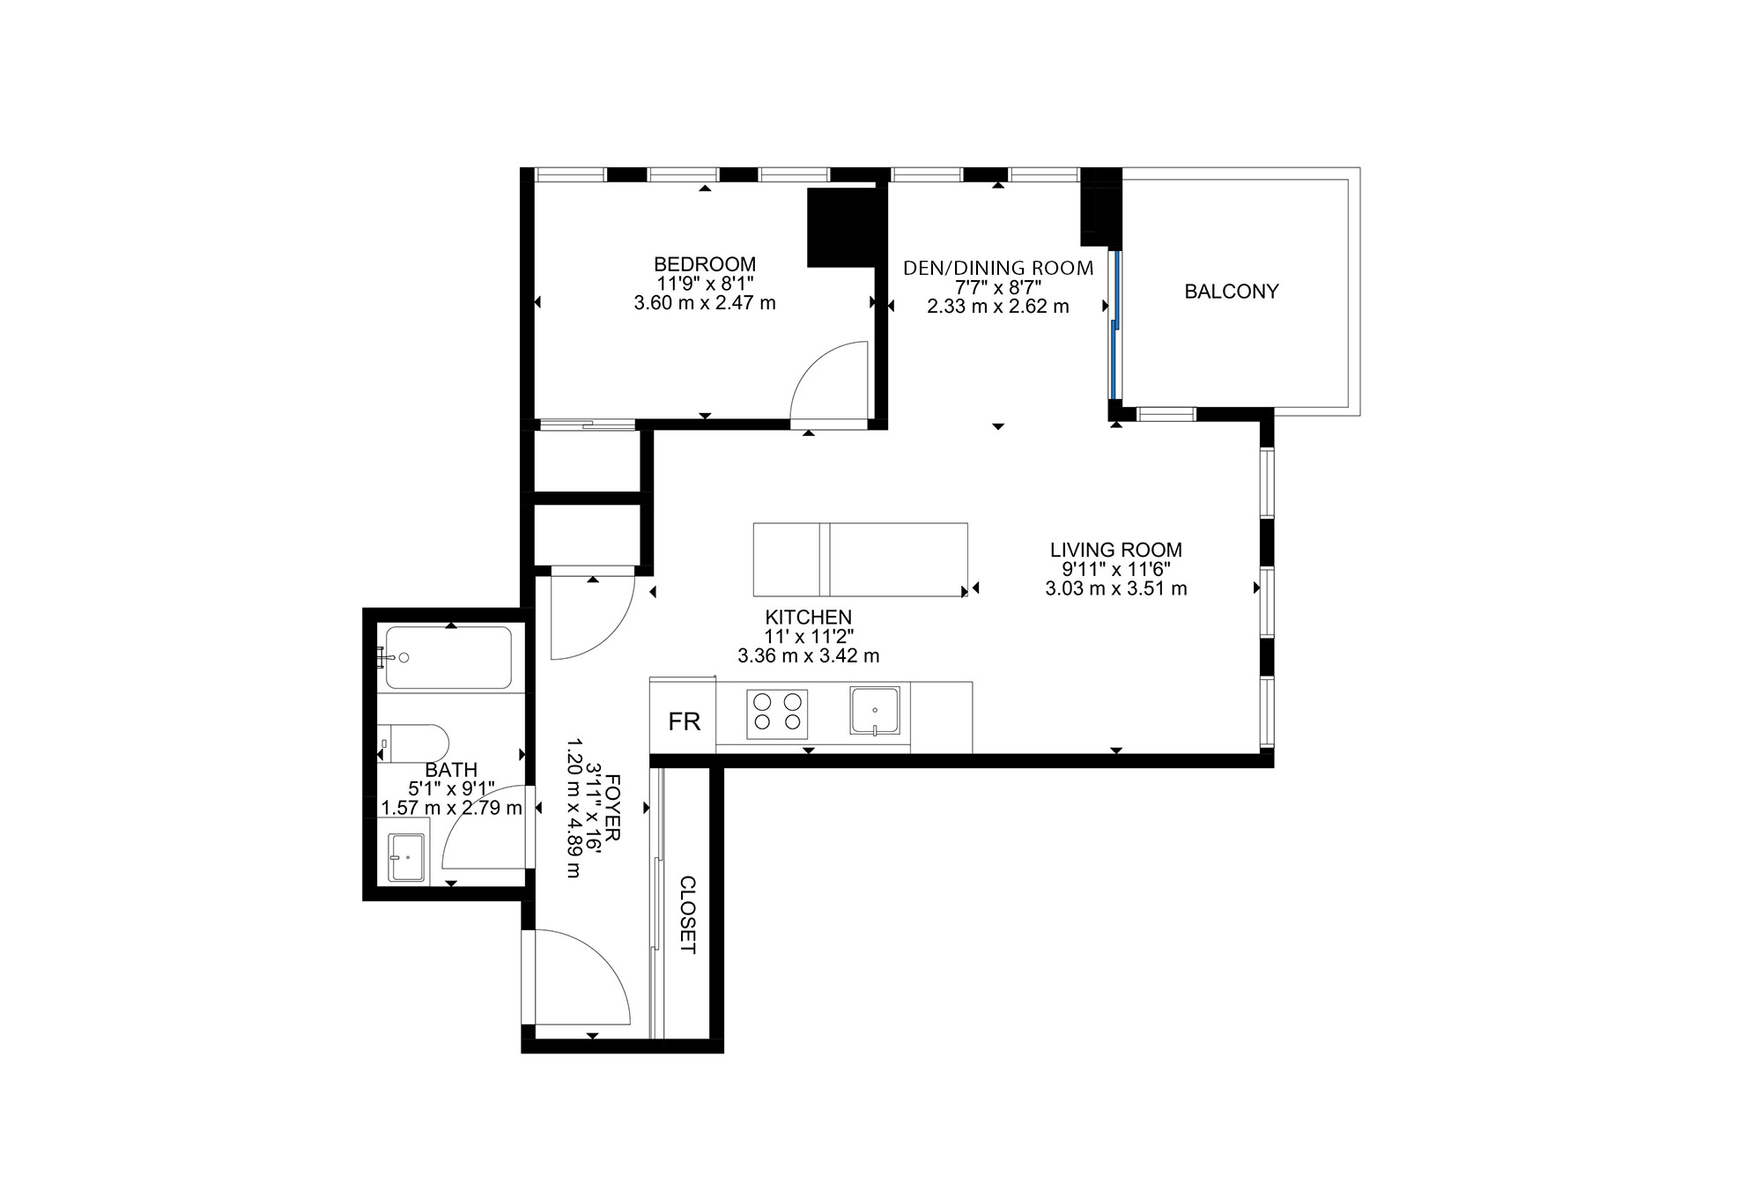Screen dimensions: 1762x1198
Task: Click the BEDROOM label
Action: point(705,264)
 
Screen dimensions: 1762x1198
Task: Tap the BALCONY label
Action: point(1232,292)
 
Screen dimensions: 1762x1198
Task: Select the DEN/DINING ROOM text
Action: point(998,268)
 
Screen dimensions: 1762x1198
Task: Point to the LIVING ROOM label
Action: point(1116,550)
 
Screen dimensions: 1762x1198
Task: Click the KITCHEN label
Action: point(809,617)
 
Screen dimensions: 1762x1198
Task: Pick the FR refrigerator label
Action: point(685,722)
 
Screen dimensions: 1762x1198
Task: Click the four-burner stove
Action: point(777,714)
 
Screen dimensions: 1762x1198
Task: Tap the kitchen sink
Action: point(875,711)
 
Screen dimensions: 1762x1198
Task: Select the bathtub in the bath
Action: point(448,657)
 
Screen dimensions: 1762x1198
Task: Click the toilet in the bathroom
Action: point(413,743)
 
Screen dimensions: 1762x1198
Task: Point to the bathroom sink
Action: point(406,857)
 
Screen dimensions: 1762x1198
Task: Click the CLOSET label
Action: point(688,915)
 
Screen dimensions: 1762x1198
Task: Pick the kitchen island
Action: point(861,559)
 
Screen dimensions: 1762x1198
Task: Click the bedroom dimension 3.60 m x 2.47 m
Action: point(705,303)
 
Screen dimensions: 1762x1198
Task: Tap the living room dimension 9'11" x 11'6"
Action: point(1116,569)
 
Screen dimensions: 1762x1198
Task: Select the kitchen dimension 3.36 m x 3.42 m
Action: point(809,656)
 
